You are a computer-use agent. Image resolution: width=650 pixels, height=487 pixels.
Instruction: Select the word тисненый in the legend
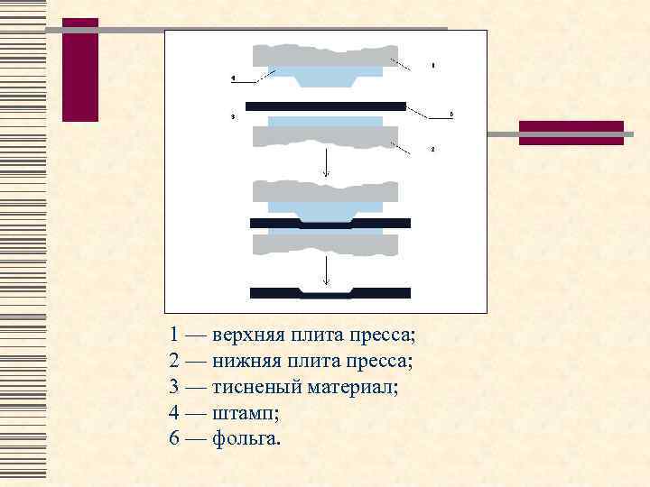[254, 388]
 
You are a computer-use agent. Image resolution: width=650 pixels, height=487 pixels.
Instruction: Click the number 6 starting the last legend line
[174, 439]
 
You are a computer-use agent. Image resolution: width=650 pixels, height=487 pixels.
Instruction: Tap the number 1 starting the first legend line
[174, 335]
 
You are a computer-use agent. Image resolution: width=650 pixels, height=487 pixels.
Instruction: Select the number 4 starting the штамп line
[174, 414]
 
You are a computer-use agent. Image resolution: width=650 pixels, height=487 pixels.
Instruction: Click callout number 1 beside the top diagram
[433, 66]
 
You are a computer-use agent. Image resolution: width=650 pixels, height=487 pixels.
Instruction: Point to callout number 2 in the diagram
[433, 148]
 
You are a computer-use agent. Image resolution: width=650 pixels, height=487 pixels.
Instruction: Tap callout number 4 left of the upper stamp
[233, 79]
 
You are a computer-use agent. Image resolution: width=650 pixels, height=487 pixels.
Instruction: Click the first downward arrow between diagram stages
[326, 163]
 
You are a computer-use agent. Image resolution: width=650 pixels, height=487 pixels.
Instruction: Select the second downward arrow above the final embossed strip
[326, 271]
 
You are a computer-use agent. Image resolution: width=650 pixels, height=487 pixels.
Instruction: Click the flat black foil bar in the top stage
[325, 106]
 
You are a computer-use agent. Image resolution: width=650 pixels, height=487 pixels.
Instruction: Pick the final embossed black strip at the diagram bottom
[330, 293]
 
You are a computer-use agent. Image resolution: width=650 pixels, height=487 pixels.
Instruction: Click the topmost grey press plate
[325, 54]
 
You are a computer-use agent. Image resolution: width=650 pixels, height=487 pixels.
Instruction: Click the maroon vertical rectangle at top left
[80, 69]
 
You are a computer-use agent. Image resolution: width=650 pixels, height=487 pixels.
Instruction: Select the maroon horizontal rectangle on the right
[571, 133]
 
